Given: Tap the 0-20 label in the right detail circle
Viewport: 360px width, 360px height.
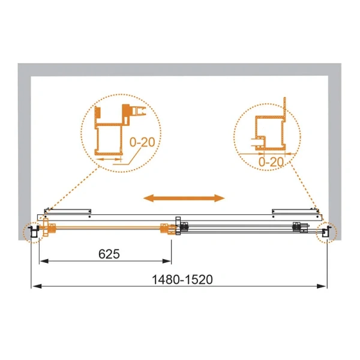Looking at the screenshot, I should [271, 162].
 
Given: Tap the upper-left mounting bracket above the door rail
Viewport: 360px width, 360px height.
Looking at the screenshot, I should [68, 210].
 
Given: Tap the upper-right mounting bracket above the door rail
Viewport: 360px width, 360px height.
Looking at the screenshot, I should [294, 210].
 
